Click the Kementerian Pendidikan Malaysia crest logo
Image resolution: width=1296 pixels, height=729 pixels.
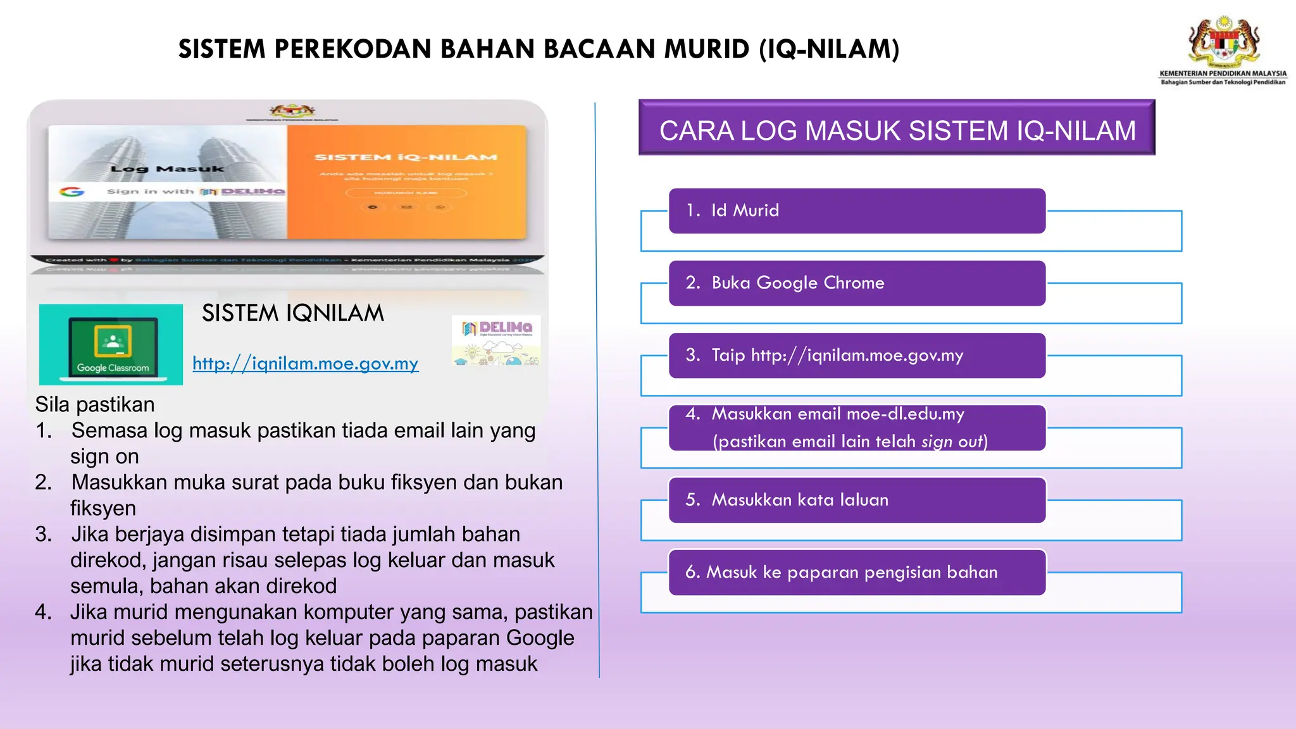click(1224, 42)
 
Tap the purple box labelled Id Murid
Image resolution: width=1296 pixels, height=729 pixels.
click(857, 211)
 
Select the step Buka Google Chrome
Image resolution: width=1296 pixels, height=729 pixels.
click(857, 283)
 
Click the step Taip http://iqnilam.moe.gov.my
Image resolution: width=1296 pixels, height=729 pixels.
click(857, 356)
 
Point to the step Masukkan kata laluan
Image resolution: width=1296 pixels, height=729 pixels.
click(857, 500)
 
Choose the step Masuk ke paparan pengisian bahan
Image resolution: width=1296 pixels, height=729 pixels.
click(857, 572)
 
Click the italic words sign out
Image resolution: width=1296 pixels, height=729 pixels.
click(952, 442)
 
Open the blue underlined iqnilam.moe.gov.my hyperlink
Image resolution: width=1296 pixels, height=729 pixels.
click(305, 363)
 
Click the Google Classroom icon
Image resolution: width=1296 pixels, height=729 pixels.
click(111, 345)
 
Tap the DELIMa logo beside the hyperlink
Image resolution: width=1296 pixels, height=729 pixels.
click(497, 340)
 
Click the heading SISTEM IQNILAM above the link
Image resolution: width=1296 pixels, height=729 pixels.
click(292, 313)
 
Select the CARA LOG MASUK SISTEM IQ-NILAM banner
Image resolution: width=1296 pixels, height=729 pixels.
click(897, 130)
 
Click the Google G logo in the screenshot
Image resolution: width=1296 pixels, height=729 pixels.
click(72, 191)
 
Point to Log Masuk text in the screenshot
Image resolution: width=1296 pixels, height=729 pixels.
click(167, 169)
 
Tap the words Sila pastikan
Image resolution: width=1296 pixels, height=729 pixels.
click(95, 404)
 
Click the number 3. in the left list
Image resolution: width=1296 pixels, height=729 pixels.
click(44, 534)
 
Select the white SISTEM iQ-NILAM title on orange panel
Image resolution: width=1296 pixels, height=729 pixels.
click(406, 158)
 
